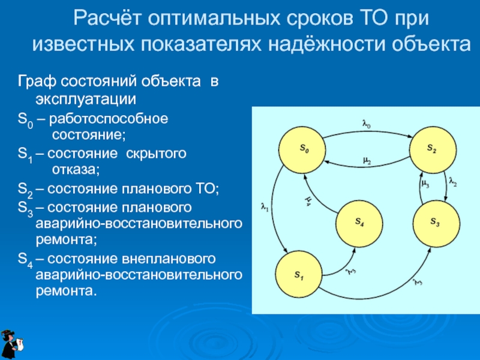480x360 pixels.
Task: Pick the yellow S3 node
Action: [435, 223]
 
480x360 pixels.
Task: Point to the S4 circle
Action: [359, 222]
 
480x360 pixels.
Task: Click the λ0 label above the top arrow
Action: [367, 125]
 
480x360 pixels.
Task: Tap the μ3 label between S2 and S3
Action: [424, 184]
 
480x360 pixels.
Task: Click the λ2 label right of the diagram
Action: [453, 182]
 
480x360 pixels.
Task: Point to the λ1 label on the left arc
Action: [264, 208]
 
